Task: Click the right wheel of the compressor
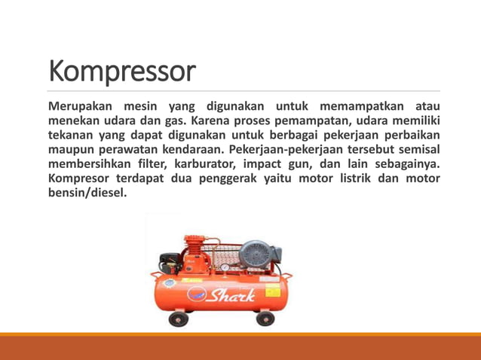(265, 319)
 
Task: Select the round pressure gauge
(223, 267)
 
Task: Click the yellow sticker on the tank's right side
(270, 280)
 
